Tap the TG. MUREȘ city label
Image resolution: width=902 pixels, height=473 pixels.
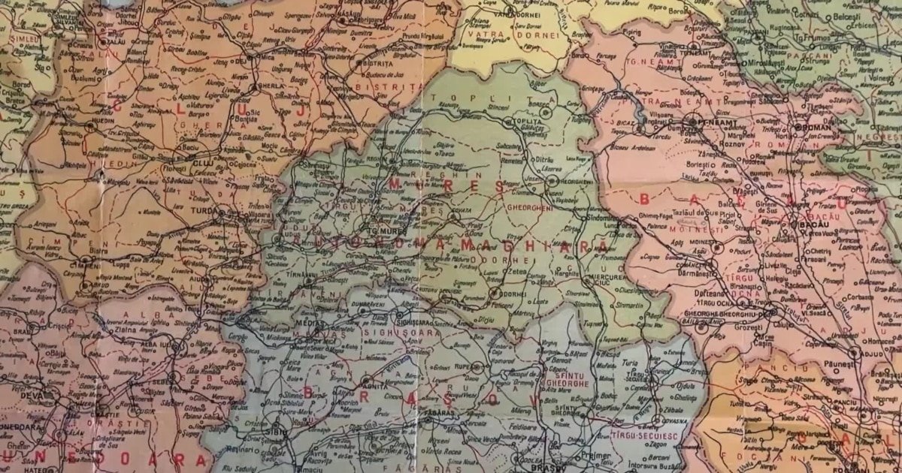point(384,231)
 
